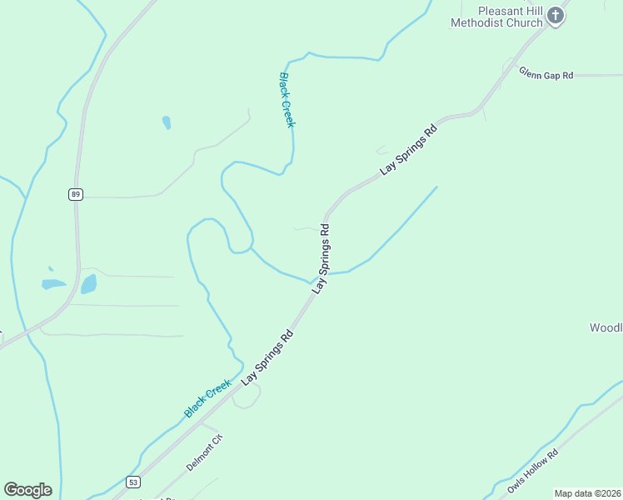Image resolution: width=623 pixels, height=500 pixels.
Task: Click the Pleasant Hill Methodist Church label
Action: point(496,16)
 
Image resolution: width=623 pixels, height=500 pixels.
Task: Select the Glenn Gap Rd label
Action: point(546,74)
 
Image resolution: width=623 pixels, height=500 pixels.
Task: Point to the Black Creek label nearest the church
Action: point(287,99)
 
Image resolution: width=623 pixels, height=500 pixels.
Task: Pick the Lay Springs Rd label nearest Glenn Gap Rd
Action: point(409,150)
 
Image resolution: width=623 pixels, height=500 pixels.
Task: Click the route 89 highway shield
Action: point(75,194)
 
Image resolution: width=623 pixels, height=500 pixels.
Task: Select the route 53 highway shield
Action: point(133,482)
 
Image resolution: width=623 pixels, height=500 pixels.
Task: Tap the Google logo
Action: point(27,490)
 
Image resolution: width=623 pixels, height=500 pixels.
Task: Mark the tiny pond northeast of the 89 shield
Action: point(167,122)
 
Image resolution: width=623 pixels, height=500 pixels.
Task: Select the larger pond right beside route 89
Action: point(88,284)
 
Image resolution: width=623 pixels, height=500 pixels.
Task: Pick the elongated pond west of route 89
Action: point(53,284)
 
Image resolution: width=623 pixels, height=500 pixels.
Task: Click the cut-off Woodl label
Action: point(606,327)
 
